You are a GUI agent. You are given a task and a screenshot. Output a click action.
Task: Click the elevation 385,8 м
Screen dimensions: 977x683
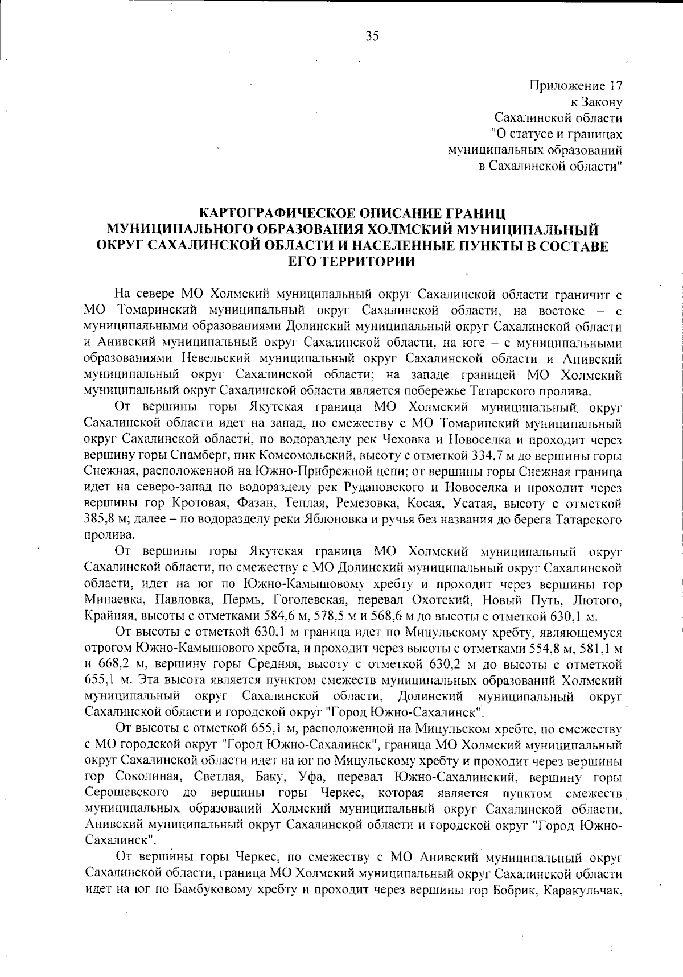[x=105, y=520]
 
